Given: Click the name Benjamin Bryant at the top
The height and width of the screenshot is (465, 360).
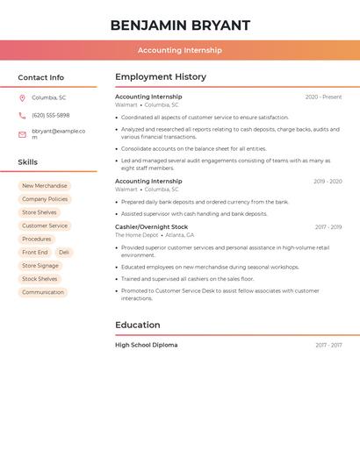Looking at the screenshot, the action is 180,25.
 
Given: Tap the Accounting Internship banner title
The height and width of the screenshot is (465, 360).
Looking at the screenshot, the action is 180,50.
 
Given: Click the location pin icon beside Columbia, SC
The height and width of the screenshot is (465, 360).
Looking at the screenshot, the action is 22,97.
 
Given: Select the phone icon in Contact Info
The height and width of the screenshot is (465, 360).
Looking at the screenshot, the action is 22,115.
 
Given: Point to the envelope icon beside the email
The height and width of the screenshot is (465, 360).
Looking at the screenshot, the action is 22,134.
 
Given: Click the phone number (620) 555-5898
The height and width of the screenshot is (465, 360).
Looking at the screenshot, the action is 50,115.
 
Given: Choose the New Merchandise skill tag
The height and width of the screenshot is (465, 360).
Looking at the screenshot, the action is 44,186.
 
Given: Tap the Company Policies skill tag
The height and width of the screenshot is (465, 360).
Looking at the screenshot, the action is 45,199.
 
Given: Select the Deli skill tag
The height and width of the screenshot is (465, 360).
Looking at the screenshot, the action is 64,253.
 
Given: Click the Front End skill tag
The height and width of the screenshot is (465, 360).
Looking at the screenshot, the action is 35,253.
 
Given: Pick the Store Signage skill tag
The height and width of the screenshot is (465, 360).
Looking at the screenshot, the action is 40,266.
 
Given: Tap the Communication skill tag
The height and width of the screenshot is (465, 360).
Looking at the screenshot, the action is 43,292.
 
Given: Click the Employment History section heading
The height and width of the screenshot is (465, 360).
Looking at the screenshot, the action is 161,76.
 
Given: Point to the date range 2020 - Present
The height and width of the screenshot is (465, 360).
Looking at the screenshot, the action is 323,97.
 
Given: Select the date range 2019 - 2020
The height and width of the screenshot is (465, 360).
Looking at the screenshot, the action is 328,182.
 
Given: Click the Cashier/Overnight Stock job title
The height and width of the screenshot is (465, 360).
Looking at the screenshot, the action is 151,227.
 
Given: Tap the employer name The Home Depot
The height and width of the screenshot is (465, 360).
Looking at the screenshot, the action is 136,235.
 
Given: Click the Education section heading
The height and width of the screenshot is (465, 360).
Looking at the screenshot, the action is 138,325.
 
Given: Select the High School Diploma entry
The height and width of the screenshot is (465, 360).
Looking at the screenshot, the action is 146,345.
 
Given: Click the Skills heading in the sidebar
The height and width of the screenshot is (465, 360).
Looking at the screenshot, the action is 27,162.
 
